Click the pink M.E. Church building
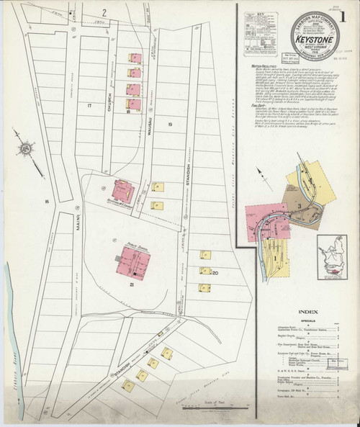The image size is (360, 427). [x=122, y=192]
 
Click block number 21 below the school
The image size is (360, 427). [x=132, y=285]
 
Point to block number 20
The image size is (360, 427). [x=214, y=272]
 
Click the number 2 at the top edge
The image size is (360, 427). [x=104, y=12]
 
